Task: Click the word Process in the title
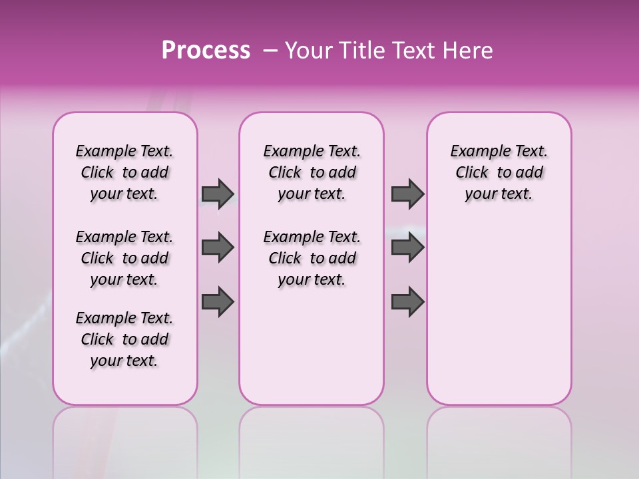click(206, 51)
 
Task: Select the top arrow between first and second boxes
click(218, 194)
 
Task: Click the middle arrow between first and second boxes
click(218, 247)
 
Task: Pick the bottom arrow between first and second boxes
click(218, 301)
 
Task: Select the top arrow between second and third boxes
click(407, 194)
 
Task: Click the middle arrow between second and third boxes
click(407, 247)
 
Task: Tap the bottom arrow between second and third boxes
click(407, 301)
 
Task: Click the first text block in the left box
click(124, 172)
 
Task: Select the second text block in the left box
click(124, 258)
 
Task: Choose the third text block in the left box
click(124, 339)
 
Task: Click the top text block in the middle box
click(312, 172)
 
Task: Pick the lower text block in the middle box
click(312, 258)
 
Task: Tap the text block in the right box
click(499, 172)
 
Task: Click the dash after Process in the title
click(270, 51)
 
